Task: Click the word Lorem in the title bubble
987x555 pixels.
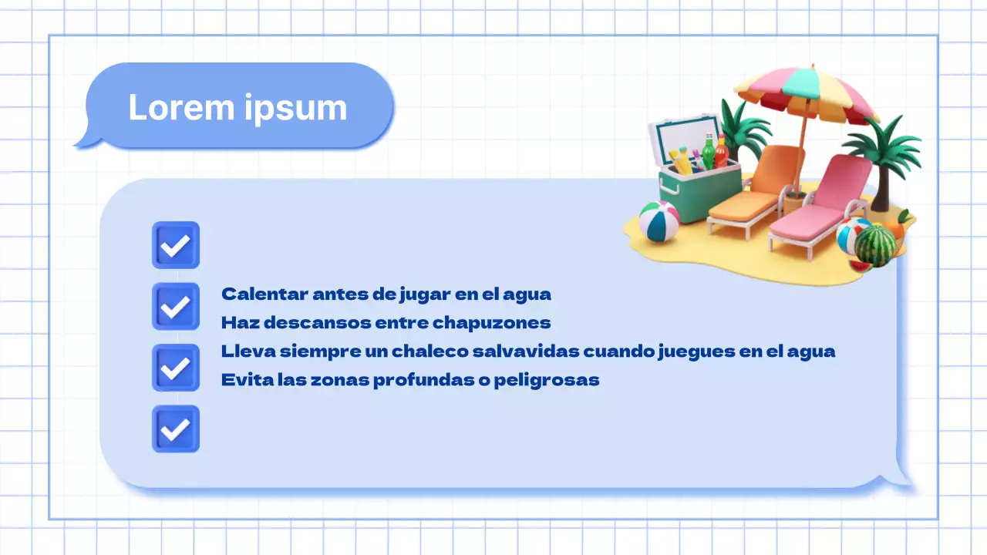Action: (182, 107)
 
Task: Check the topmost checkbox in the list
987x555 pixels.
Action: (176, 245)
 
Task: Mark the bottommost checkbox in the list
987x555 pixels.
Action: (176, 429)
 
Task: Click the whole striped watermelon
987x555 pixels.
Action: (875, 244)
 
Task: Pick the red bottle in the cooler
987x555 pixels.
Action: (721, 152)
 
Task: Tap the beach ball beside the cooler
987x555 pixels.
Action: (659, 221)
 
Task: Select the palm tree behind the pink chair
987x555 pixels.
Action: (883, 154)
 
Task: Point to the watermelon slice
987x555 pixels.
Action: (860, 266)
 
